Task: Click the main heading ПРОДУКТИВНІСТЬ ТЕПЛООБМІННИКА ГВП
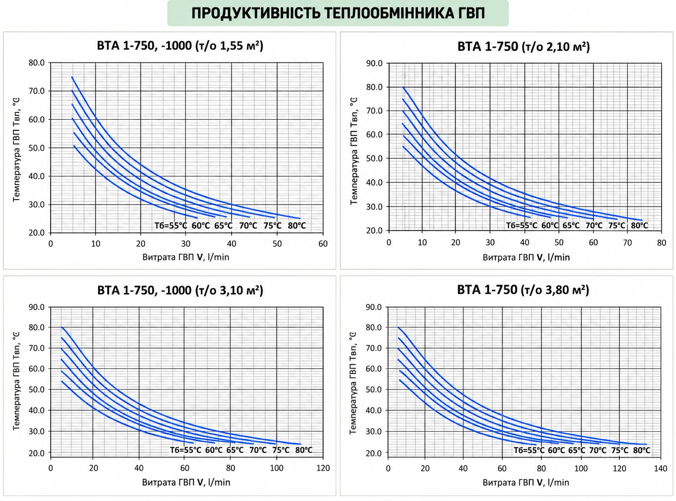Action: tap(338, 13)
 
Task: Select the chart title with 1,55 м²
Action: tap(180, 46)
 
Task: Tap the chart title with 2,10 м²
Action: tap(524, 46)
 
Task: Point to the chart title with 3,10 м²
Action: tap(180, 290)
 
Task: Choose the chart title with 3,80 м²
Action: tap(523, 289)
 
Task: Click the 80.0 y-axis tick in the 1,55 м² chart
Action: tap(37, 63)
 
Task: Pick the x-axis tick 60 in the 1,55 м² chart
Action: tap(323, 244)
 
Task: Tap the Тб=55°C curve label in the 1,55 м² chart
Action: tap(171, 225)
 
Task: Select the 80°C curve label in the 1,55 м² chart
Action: tap(297, 225)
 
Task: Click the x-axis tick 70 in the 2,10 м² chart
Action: tap(628, 243)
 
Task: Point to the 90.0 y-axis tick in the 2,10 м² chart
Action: tap(374, 64)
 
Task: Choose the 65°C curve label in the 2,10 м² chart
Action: tap(571, 225)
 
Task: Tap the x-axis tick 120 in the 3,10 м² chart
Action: tap(323, 468)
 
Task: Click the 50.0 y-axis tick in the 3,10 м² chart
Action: tap(37, 390)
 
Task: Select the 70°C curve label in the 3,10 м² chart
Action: tap(258, 450)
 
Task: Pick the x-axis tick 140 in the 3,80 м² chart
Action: tap(660, 469)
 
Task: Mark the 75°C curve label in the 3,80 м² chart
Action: tap(619, 450)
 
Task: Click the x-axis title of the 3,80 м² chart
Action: tap(526, 482)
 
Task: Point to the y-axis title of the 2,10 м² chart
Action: tap(354, 151)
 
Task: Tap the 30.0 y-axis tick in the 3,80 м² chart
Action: tap(373, 431)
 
